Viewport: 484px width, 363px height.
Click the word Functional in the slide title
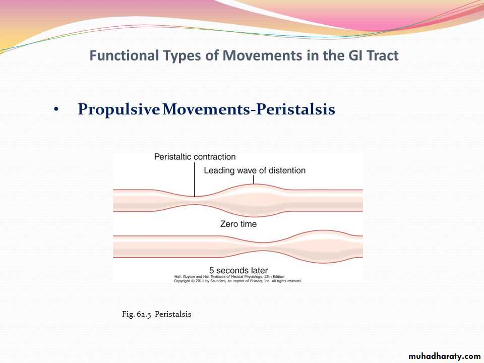click(x=124, y=55)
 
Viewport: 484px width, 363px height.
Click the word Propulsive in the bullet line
click(x=118, y=109)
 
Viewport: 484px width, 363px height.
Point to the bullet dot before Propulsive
click(x=56, y=109)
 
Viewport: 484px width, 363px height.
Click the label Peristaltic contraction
click(x=195, y=157)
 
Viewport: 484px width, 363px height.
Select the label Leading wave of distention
click(x=255, y=170)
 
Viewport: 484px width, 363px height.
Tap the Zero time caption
click(x=238, y=224)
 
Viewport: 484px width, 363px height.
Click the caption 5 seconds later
click(x=238, y=270)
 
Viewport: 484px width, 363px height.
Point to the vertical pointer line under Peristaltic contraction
click(x=195, y=179)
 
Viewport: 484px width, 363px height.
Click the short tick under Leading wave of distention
click(x=254, y=180)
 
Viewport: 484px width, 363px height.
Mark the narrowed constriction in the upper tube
click(x=195, y=201)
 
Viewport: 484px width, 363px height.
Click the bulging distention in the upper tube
click(x=254, y=200)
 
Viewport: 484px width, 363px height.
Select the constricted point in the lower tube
click(x=262, y=247)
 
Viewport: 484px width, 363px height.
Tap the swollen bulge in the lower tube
click(x=323, y=247)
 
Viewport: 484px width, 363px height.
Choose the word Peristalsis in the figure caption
click(x=173, y=314)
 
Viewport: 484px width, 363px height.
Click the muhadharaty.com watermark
click(x=445, y=356)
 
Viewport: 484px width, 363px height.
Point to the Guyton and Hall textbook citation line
click(x=229, y=277)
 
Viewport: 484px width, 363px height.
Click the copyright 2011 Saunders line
click(x=237, y=281)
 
